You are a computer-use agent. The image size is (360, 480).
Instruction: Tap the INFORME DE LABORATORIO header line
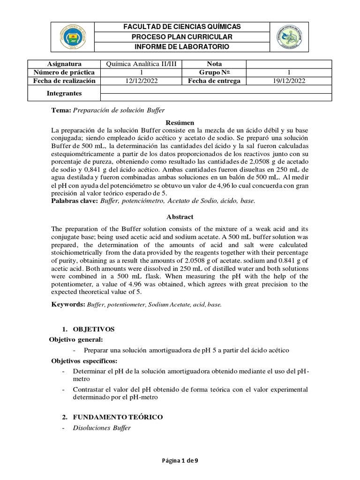click(182, 47)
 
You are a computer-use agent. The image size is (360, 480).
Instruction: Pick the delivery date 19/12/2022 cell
click(289, 81)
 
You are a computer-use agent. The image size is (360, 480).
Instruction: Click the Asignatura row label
click(64, 64)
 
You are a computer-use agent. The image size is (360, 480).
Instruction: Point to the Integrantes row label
click(64, 93)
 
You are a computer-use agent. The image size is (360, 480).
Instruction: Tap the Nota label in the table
click(214, 64)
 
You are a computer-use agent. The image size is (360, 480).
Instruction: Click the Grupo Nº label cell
click(214, 72)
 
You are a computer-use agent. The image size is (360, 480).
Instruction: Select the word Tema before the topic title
click(60, 110)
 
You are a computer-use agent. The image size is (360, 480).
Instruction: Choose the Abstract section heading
click(180, 217)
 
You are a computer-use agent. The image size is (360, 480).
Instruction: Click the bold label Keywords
click(67, 304)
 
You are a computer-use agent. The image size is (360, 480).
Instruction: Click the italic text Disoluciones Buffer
click(105, 427)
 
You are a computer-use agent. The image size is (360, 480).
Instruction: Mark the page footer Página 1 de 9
click(180, 460)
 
